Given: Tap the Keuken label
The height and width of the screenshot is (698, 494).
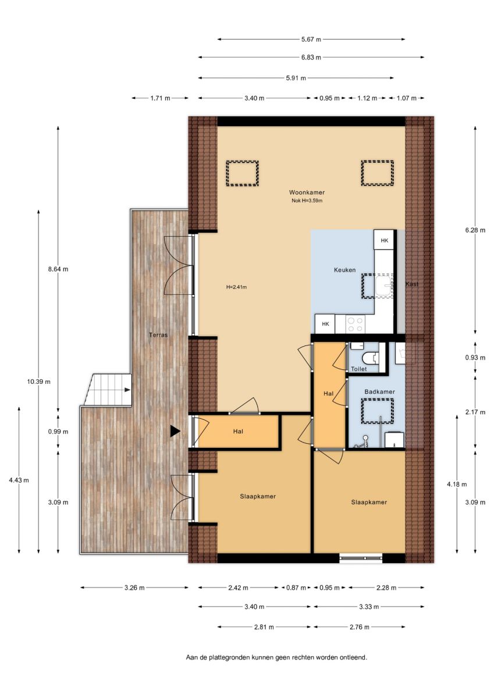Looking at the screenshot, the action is pos(344,270).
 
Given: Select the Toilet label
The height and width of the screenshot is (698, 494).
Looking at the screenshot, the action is pos(359,369).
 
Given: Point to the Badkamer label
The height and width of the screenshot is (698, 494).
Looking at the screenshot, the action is pos(379,391).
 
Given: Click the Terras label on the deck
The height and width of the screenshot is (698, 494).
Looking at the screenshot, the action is pos(158,335).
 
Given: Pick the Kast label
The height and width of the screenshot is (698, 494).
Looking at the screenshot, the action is pos(412,284).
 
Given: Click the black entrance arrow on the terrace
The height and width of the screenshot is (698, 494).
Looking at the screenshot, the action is pos(175,431).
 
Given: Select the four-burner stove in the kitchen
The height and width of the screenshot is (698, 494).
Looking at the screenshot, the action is pos(356,324).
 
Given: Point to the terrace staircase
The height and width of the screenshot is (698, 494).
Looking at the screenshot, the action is pos(107,390).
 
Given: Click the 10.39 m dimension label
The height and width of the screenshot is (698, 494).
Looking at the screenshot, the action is pos(38,382).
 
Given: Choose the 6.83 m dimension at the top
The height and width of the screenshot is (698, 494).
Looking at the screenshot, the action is pos(311,58).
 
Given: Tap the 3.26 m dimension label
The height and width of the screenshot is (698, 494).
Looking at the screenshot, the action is pos(134,587).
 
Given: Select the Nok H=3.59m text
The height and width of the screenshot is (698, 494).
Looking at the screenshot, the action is pos(307,201).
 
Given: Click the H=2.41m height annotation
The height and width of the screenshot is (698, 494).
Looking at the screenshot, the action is pos(236,287).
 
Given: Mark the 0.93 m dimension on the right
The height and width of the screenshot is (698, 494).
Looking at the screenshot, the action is pos(475,357).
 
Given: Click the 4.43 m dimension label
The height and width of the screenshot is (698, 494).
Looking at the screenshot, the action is pos(19,480).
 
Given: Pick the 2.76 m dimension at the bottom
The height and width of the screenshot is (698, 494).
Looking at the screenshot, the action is pos(359,627).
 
